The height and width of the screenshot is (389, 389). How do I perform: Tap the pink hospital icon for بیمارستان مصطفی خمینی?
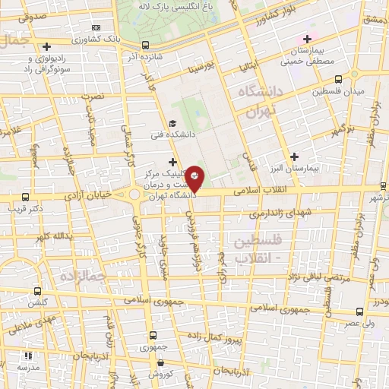click(x=307, y=39)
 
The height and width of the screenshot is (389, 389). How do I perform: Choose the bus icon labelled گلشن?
click(x=39, y=291)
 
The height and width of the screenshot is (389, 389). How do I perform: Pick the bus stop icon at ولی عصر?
click(x=360, y=312)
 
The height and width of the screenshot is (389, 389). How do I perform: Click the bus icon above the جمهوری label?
click(x=143, y=346)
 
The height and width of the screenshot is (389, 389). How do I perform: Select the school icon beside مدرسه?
click(x=28, y=355)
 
